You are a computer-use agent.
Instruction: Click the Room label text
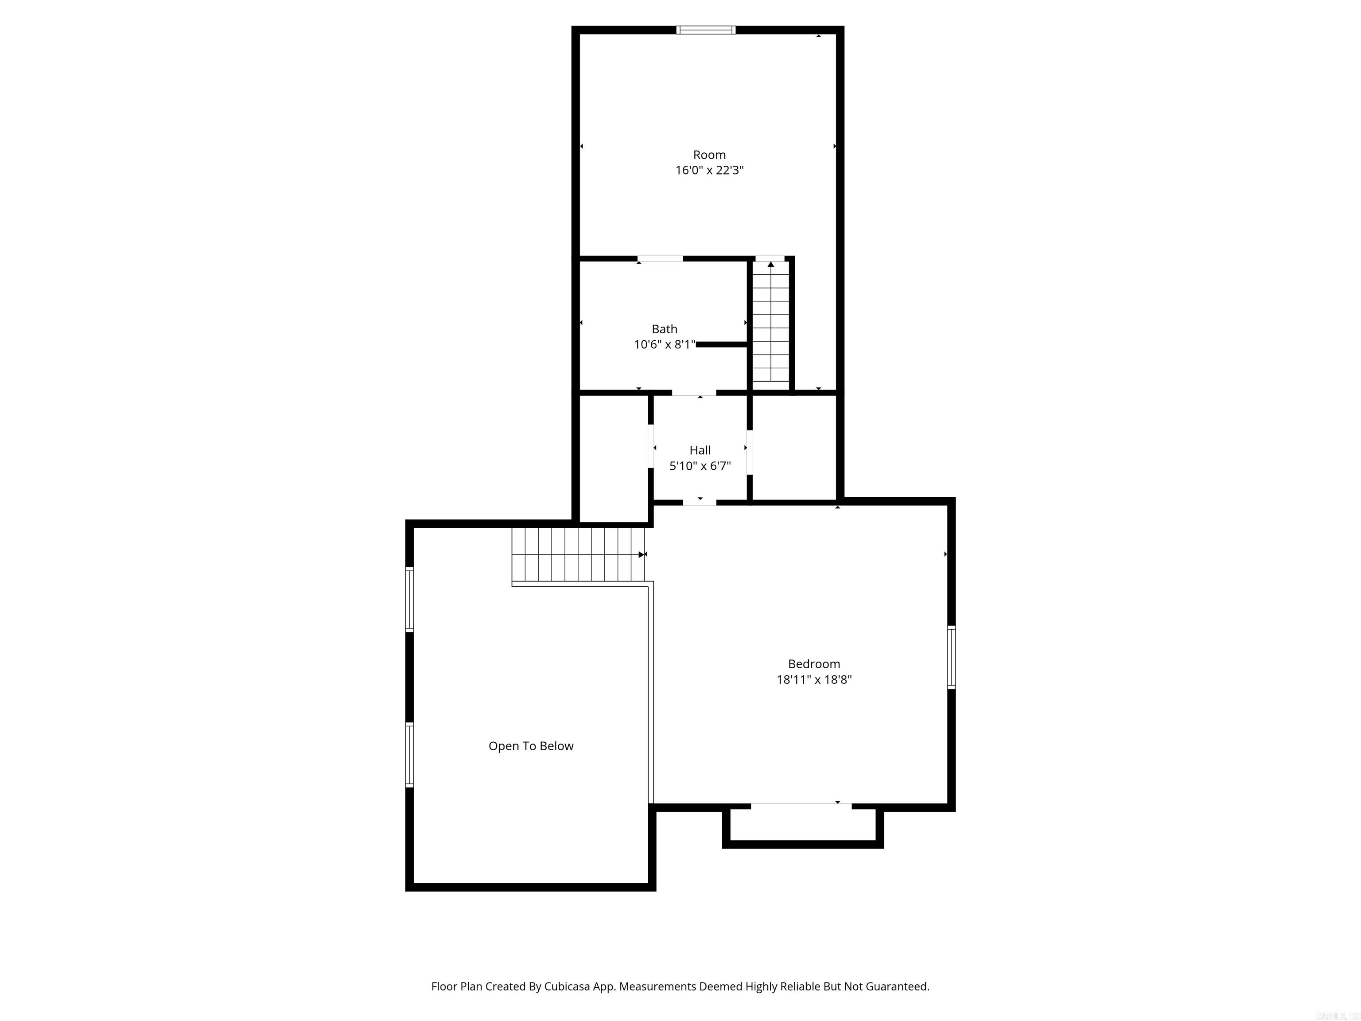click(709, 155)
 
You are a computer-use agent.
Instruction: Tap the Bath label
click(664, 329)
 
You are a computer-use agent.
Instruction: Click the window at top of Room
click(705, 30)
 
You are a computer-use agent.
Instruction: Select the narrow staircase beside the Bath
click(771, 323)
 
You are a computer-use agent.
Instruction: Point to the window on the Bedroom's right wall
click(951, 657)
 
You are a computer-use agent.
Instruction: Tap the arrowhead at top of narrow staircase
click(771, 265)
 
